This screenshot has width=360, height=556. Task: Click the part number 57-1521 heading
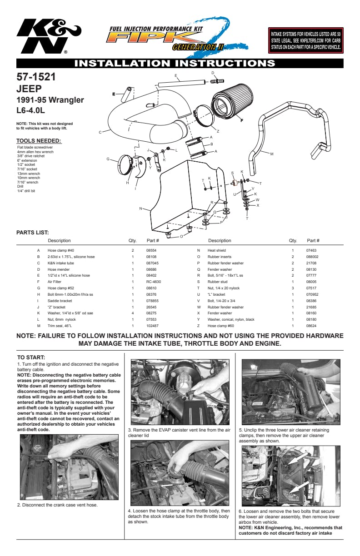(36, 77)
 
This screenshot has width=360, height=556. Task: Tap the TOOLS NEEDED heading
(38, 140)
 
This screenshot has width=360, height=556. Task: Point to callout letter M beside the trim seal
(272, 154)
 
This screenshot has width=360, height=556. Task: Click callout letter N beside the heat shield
(141, 208)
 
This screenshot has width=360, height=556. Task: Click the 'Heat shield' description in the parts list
(216, 250)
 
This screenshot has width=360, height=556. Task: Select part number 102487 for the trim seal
(152, 326)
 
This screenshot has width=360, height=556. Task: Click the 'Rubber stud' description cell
(216, 282)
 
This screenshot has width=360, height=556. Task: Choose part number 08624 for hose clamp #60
(311, 326)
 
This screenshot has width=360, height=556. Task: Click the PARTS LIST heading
(32, 233)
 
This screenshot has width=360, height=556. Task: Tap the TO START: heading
(31, 357)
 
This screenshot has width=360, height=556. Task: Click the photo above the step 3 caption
(179, 392)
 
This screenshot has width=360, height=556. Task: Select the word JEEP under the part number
(29, 89)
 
